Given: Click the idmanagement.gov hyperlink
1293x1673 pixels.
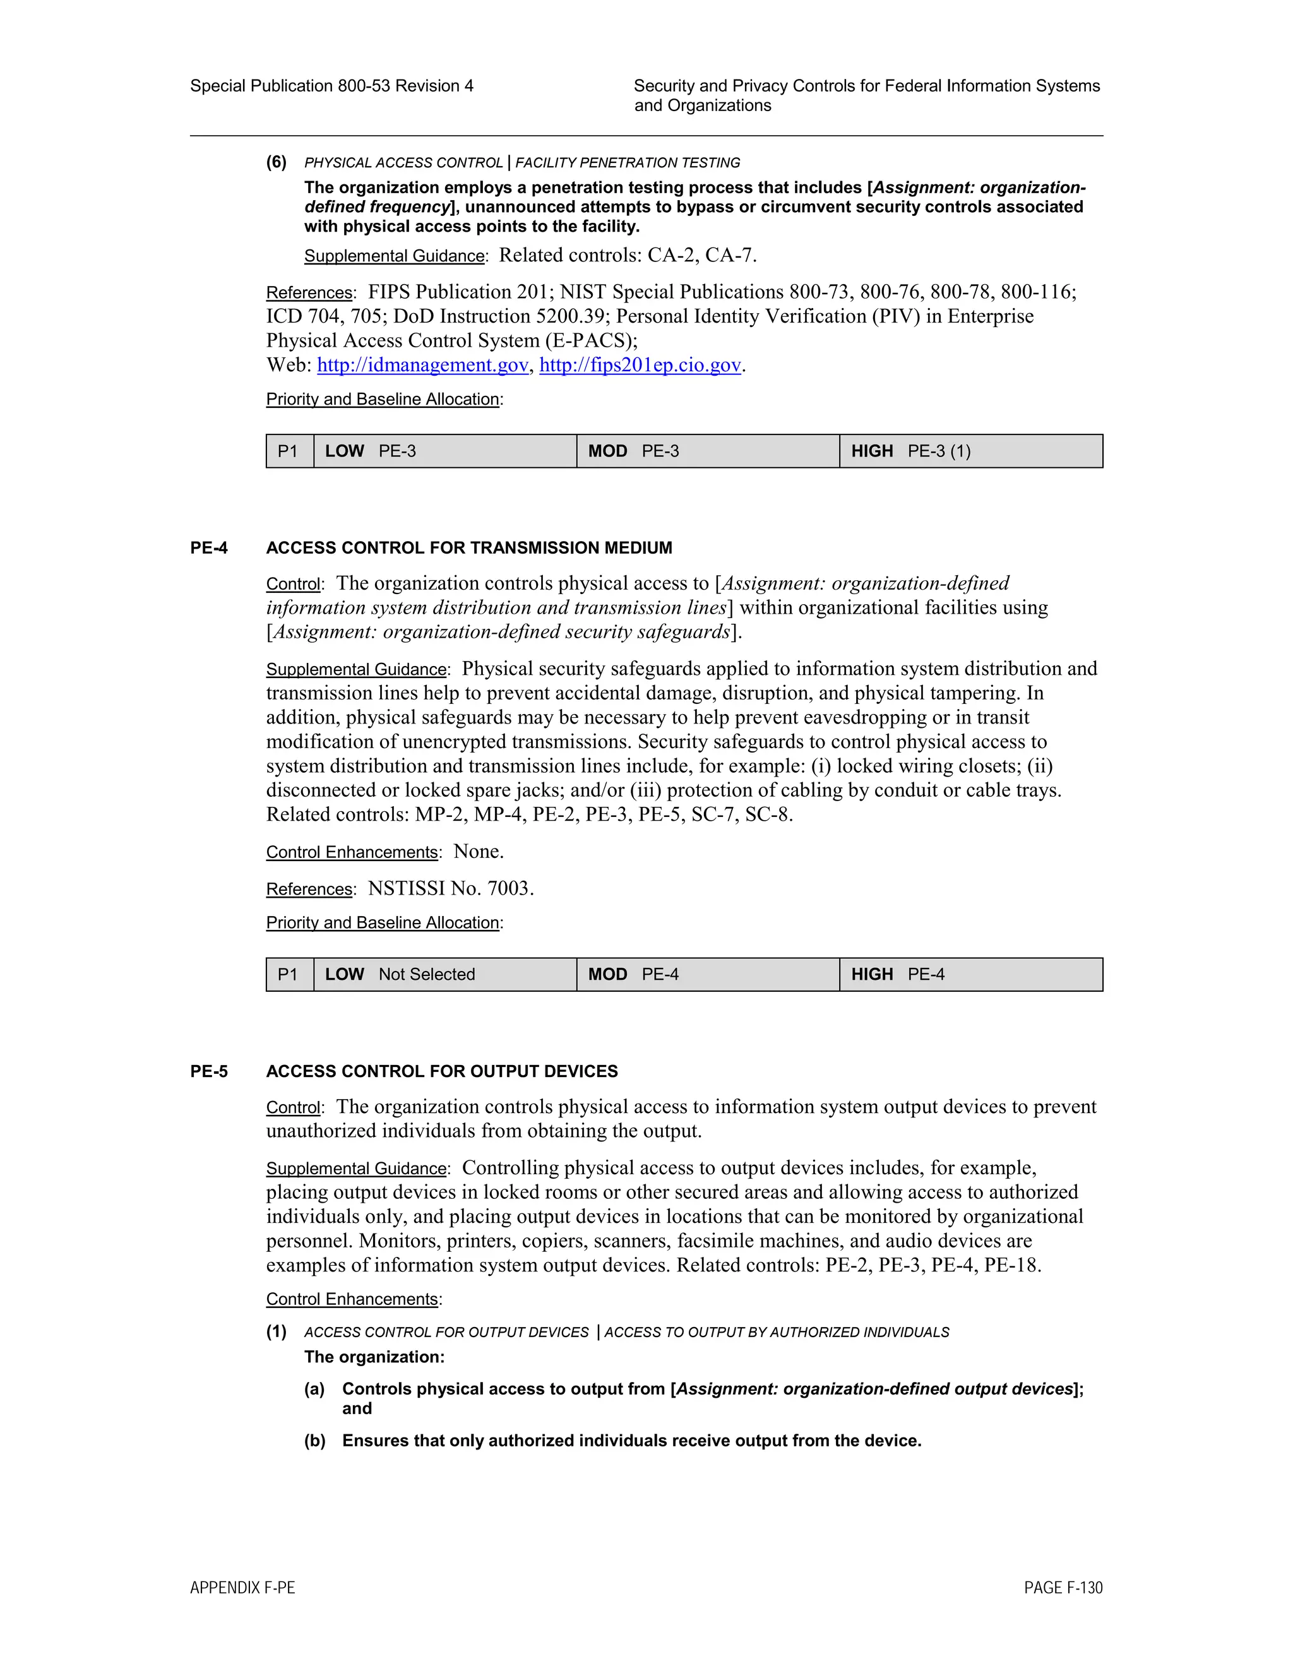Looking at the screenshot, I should click(x=422, y=366).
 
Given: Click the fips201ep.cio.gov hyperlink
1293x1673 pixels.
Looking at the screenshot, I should click(x=640, y=366).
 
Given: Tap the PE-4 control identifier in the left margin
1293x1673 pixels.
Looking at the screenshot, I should click(x=209, y=548).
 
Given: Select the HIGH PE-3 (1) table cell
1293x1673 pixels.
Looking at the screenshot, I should click(x=970, y=451).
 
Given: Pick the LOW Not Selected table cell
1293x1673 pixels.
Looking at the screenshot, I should click(x=444, y=974).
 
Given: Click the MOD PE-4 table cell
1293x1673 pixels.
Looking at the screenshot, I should click(x=708, y=974).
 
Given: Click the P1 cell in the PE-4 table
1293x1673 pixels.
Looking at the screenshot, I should click(x=289, y=974).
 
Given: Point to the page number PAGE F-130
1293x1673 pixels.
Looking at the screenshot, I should click(x=1063, y=1587).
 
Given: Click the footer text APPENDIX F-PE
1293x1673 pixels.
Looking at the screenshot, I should click(x=242, y=1587).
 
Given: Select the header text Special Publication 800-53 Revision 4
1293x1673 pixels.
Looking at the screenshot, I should click(x=331, y=86).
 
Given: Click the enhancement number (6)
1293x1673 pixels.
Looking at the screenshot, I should click(x=277, y=162).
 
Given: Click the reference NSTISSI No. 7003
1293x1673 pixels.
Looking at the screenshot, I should click(x=450, y=889).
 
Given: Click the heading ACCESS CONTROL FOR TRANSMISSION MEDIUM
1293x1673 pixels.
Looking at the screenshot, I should click(x=469, y=548).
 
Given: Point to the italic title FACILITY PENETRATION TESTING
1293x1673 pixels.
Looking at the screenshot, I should click(x=628, y=162).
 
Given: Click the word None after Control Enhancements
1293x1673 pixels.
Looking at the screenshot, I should click(x=478, y=852).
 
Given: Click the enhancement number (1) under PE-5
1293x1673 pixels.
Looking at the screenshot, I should click(x=277, y=1331).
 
